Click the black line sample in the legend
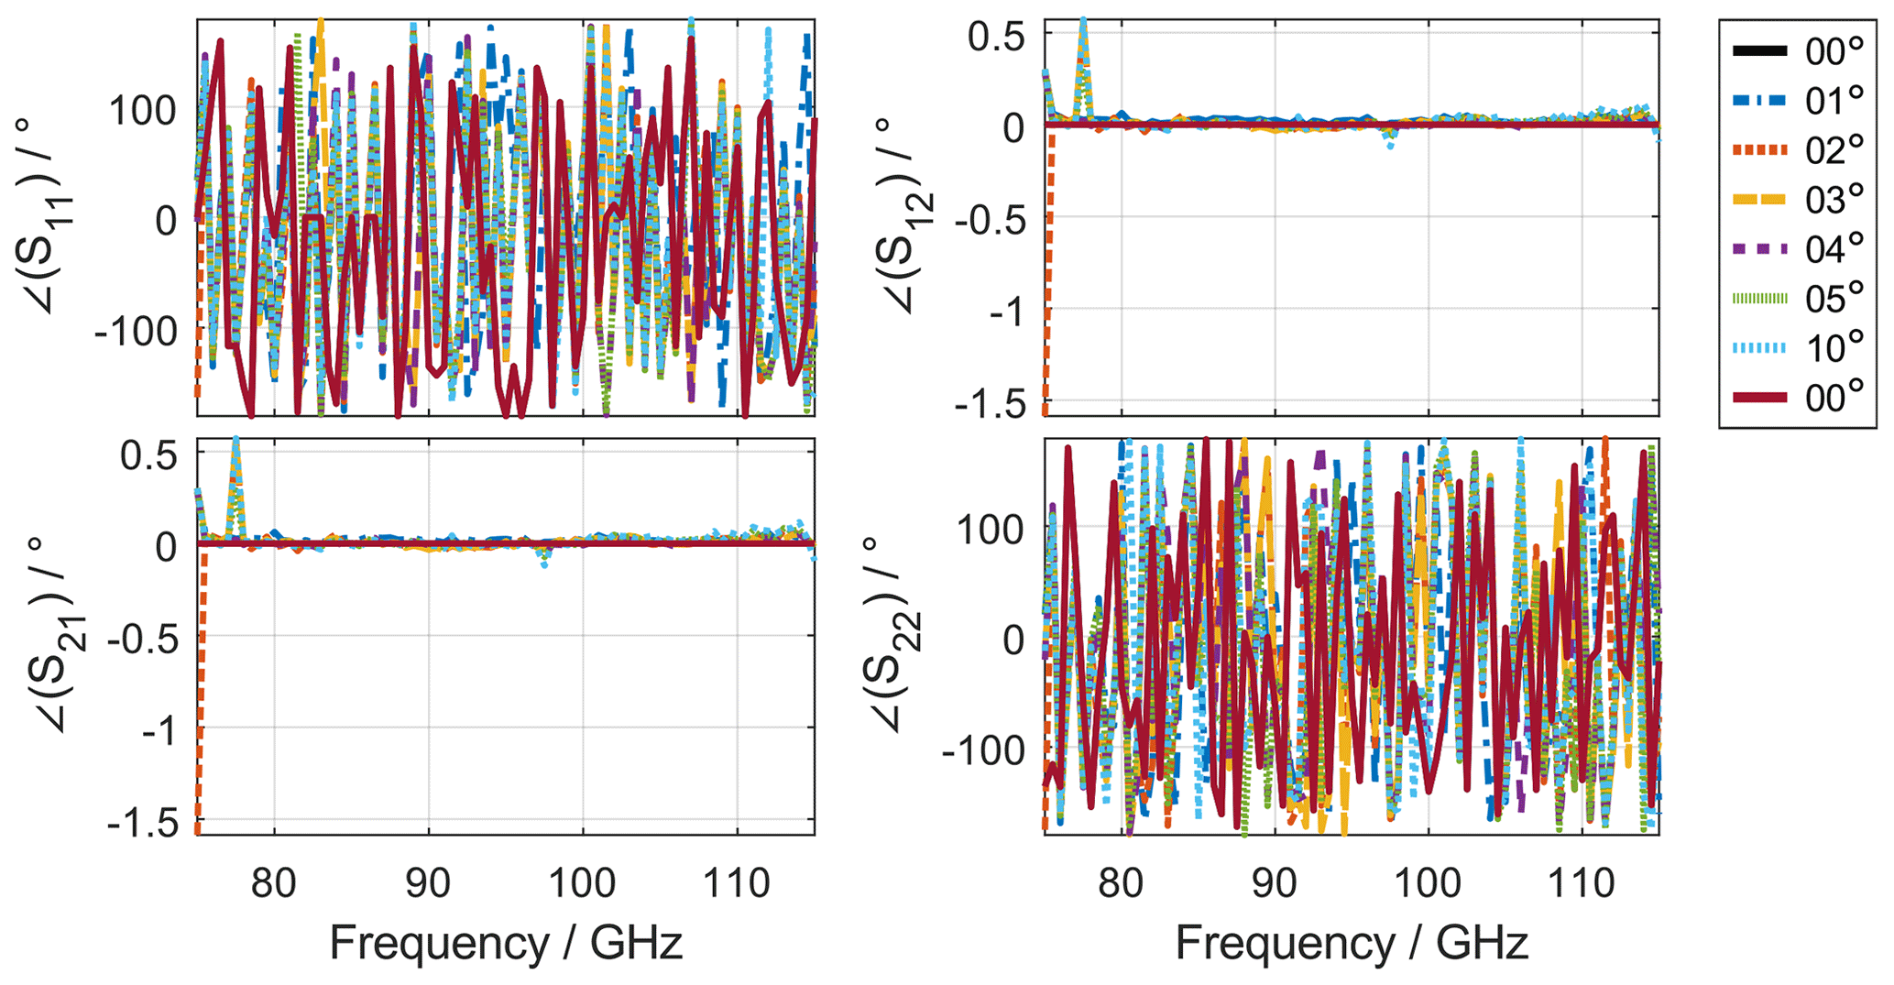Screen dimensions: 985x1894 click(x=1759, y=51)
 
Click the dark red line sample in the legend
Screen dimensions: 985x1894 click(x=1759, y=398)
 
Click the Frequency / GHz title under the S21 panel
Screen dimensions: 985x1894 click(x=506, y=943)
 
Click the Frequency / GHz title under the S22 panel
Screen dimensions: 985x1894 click(x=1352, y=943)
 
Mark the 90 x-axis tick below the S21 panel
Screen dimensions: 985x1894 click(x=428, y=883)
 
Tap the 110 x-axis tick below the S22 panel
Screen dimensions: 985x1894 click(x=1582, y=883)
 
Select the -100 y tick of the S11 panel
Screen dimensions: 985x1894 click(x=136, y=332)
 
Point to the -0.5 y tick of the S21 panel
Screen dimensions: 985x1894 click(x=141, y=638)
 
